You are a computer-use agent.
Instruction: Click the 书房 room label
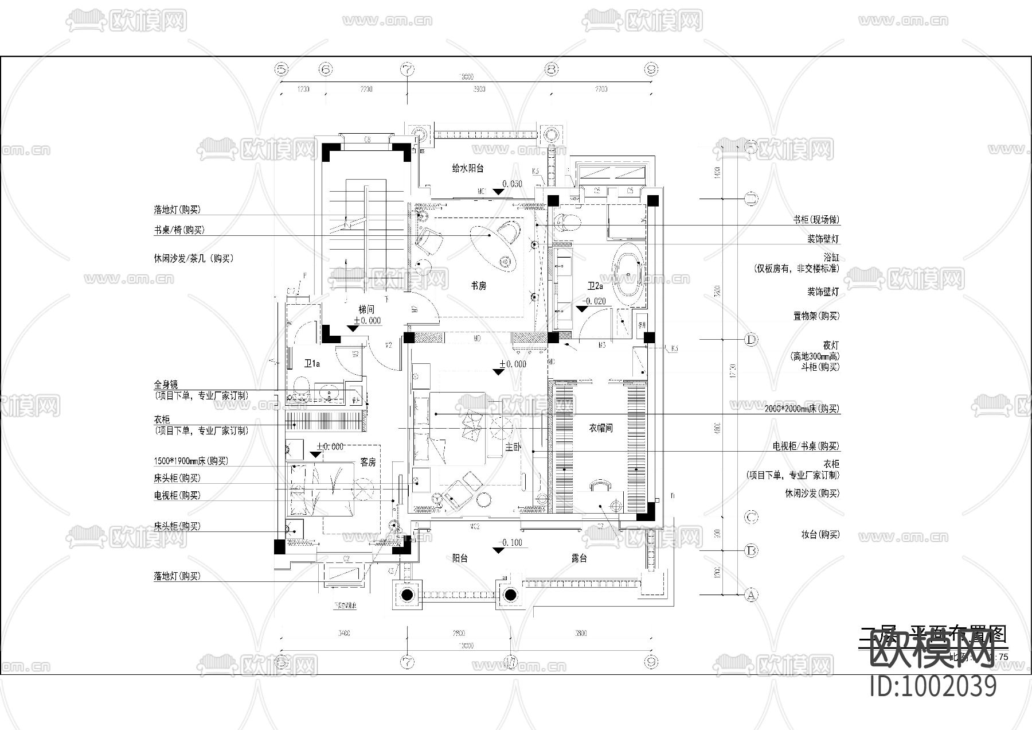(x=478, y=285)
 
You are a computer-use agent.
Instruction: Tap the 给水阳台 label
(x=468, y=168)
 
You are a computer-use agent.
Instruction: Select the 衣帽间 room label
(x=601, y=428)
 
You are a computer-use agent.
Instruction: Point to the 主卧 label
(x=513, y=446)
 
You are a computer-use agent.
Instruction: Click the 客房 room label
(x=368, y=462)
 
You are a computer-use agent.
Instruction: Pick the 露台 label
(x=579, y=558)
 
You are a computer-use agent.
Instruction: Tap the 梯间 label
(x=367, y=310)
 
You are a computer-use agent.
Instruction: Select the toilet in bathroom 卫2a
(x=569, y=222)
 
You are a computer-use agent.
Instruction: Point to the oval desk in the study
(x=492, y=247)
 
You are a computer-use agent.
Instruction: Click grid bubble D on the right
(x=751, y=340)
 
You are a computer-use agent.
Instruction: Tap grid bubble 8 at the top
(x=552, y=70)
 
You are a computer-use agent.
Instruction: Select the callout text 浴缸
(x=831, y=258)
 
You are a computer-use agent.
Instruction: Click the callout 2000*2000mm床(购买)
(x=802, y=409)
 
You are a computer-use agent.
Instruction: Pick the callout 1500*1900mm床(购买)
(x=190, y=461)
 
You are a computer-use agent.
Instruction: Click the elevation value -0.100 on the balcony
(x=511, y=542)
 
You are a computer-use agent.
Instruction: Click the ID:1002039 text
(x=933, y=686)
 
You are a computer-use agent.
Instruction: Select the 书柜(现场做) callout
(x=816, y=220)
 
